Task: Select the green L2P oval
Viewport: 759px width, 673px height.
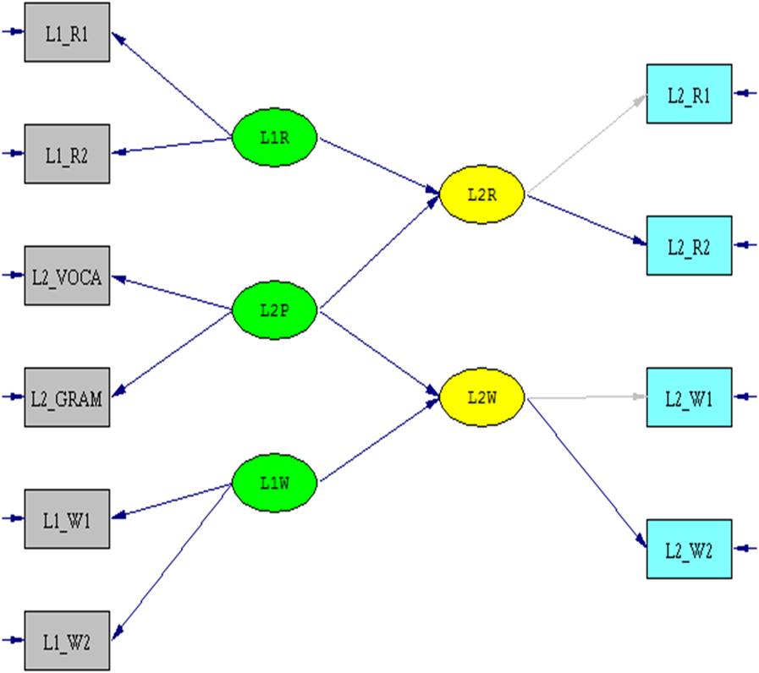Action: pyautogui.click(x=274, y=310)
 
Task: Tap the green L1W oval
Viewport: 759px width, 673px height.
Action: pyautogui.click(x=274, y=484)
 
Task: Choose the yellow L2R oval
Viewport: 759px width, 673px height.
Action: pyautogui.click(x=481, y=194)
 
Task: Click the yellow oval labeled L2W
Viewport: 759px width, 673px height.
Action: pyautogui.click(x=481, y=396)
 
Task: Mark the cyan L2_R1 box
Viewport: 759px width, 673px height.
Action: pyautogui.click(x=689, y=93)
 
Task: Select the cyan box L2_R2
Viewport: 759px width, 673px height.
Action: pyautogui.click(x=689, y=245)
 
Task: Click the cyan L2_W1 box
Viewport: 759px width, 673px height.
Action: pyautogui.click(x=689, y=397)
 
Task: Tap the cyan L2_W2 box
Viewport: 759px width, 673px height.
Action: pyautogui.click(x=689, y=549)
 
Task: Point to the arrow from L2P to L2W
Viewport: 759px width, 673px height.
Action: pyautogui.click(x=378, y=353)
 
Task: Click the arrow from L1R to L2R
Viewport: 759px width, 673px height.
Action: pyautogui.click(x=378, y=165)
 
